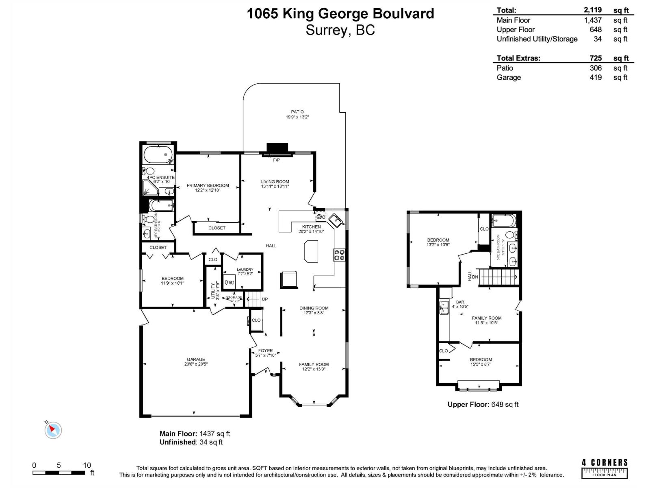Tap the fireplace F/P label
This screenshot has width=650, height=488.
276,160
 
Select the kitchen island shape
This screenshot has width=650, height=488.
311,251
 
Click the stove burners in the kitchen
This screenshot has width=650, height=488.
340,255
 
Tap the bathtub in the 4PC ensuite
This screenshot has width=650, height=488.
158,155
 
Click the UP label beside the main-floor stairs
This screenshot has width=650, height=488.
265,299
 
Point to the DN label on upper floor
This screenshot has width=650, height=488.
475,277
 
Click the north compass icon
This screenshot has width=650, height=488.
53,430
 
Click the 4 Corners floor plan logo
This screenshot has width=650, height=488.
604,468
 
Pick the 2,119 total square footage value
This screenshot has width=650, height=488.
593,10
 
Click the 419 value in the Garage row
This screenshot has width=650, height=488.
596,77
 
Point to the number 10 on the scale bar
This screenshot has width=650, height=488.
87,465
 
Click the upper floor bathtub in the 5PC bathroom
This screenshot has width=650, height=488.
504,221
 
